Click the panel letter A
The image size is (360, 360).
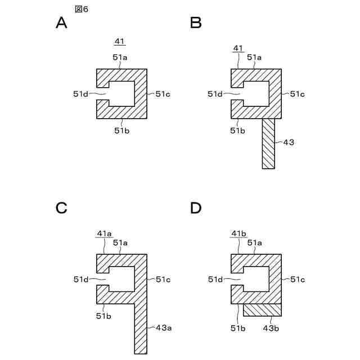pos(62,23)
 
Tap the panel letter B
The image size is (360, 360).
pos(196,23)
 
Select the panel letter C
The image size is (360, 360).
pos(62,208)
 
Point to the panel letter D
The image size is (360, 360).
pos(196,208)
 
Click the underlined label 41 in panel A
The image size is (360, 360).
pos(120,42)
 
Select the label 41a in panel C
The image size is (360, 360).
pos(105,233)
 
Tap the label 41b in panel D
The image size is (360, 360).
pos(239,233)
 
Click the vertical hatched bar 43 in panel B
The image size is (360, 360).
pos(269,143)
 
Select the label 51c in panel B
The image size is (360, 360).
pos(298,94)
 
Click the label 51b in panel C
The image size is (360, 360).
pos(103,316)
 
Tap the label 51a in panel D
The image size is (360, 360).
pos(254,242)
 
